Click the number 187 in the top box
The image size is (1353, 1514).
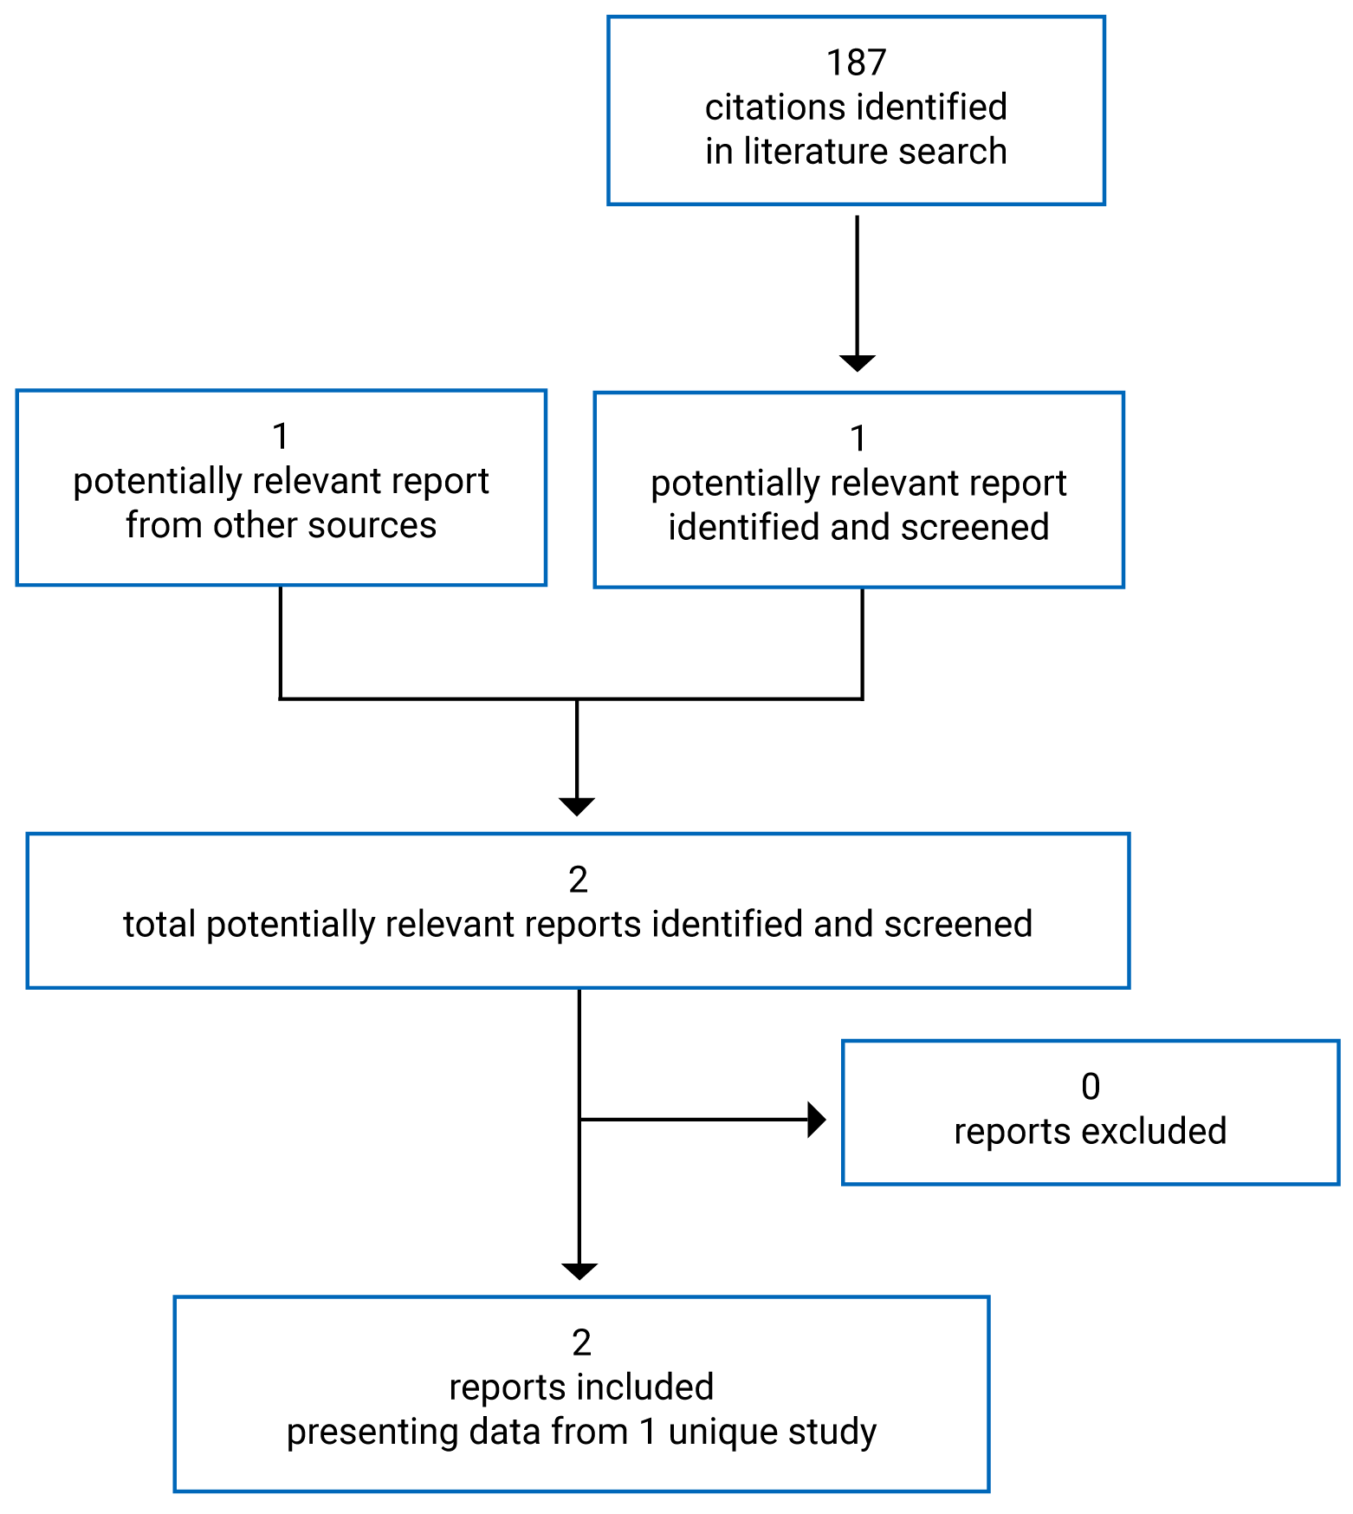tap(856, 63)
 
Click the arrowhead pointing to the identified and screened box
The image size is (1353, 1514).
tap(857, 363)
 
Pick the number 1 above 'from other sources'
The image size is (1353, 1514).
tap(281, 437)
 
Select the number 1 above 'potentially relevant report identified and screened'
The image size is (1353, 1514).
tap(858, 439)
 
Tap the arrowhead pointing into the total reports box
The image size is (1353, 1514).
tap(577, 806)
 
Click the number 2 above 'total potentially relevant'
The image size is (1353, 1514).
tap(578, 880)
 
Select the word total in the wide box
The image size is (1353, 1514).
tap(159, 925)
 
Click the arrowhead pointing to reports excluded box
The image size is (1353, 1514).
tap(816, 1120)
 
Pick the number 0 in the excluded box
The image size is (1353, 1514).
tap(1091, 1088)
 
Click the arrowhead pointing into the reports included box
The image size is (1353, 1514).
tap(579, 1271)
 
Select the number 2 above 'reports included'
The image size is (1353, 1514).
tap(581, 1343)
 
